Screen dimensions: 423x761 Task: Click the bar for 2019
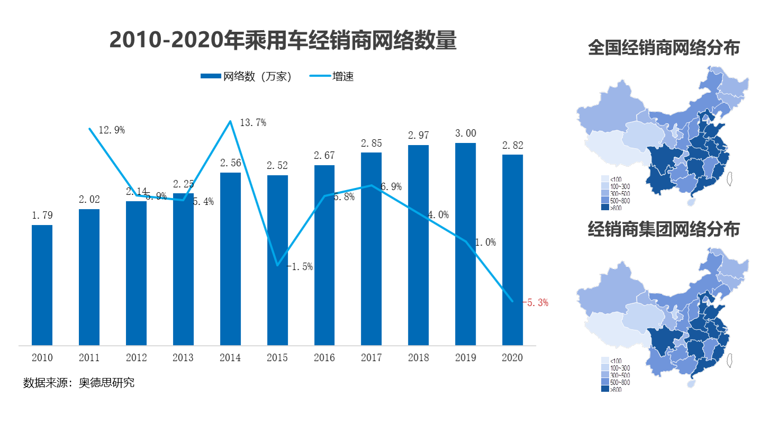465,244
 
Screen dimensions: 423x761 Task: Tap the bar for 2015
277,259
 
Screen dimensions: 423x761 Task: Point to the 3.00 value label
465,133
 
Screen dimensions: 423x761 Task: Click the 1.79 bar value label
42,215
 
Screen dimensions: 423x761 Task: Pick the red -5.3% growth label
536,303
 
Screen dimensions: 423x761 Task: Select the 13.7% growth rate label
252,123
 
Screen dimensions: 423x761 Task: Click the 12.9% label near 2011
111,130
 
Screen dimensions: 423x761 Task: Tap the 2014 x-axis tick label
230,358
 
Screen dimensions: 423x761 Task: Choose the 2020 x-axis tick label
512,358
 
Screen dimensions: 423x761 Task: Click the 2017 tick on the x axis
371,358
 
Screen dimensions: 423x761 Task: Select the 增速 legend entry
342,77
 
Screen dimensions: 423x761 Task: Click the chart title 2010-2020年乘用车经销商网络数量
282,40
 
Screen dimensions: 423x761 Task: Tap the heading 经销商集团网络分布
664,229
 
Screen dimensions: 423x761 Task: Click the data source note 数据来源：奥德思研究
79,383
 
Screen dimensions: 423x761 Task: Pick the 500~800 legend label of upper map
620,201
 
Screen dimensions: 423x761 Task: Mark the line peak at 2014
230,121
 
